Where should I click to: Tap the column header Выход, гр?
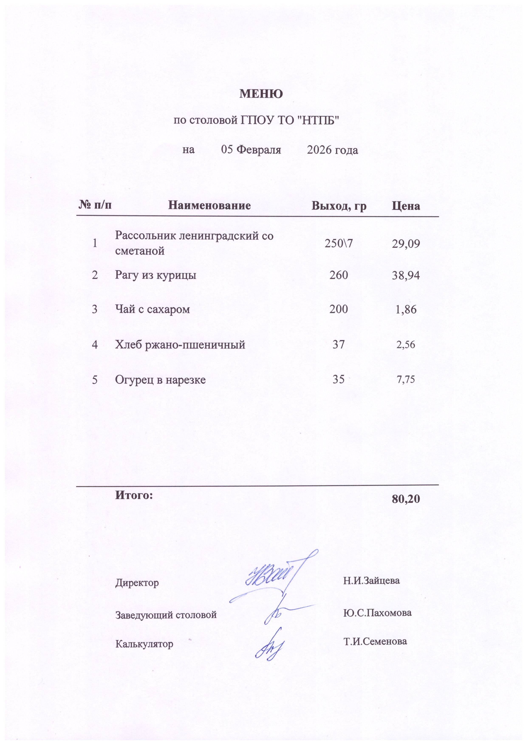point(339,206)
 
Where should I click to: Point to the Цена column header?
point(406,206)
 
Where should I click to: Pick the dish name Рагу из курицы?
point(155,275)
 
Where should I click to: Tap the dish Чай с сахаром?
point(153,309)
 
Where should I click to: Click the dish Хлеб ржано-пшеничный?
point(180,344)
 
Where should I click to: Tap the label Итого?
point(134,495)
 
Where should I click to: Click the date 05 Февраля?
point(251,150)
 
